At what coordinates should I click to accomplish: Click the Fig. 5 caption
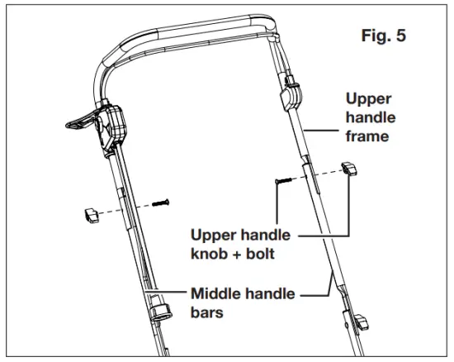[x=384, y=38]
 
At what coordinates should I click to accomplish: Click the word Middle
[x=217, y=293]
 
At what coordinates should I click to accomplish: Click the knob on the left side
[x=91, y=215]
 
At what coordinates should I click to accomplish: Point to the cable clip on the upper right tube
[x=289, y=99]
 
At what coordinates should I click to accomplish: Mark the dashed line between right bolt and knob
[x=318, y=175]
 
